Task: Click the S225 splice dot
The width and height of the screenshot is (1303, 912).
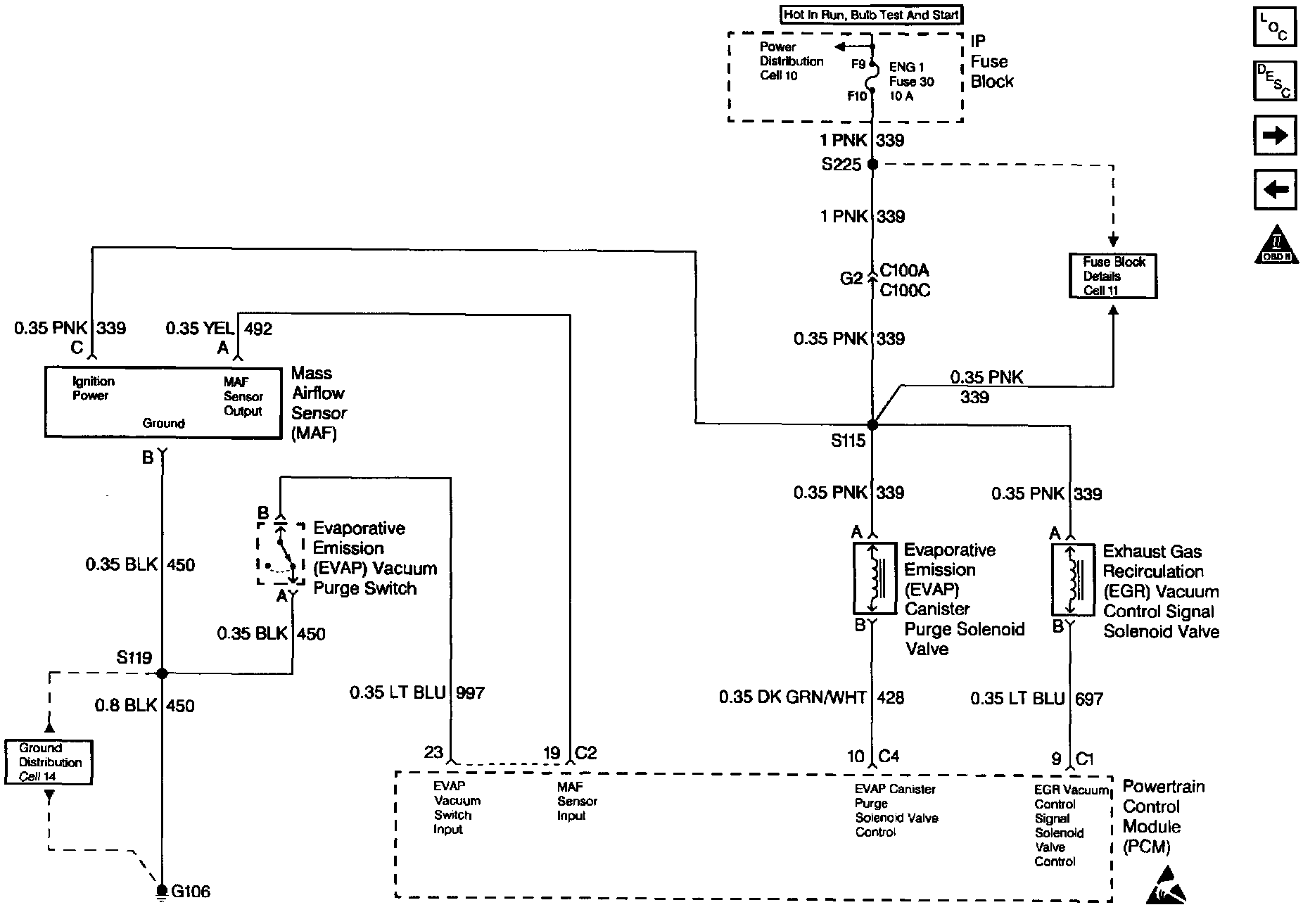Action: tap(872, 164)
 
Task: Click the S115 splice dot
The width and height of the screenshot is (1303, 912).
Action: tap(872, 424)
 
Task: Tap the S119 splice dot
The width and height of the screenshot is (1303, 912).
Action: tap(163, 673)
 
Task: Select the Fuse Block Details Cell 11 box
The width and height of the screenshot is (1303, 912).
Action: tap(1112, 276)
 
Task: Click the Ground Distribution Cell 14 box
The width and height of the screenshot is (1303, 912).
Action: tap(49, 762)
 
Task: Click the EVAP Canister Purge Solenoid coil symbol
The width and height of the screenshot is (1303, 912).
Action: tap(875, 578)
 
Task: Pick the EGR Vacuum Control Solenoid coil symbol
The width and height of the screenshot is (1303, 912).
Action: tap(1072, 579)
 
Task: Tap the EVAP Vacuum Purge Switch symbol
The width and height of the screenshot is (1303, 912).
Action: tap(281, 553)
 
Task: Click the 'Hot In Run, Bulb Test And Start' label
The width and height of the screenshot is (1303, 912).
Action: tap(871, 14)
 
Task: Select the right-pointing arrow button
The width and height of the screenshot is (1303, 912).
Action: tap(1275, 135)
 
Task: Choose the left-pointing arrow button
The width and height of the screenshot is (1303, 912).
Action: tap(1275, 189)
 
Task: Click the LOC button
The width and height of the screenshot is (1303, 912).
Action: tap(1275, 28)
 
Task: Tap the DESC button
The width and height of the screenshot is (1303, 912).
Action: tap(1275, 82)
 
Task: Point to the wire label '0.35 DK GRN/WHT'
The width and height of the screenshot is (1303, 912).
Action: tap(793, 697)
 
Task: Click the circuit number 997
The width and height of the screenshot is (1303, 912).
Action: tap(470, 693)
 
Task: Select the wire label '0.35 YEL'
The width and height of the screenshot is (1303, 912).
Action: tap(200, 329)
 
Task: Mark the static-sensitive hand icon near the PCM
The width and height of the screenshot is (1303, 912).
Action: tap(1167, 886)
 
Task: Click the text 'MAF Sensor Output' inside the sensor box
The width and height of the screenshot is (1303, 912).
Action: tap(243, 396)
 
